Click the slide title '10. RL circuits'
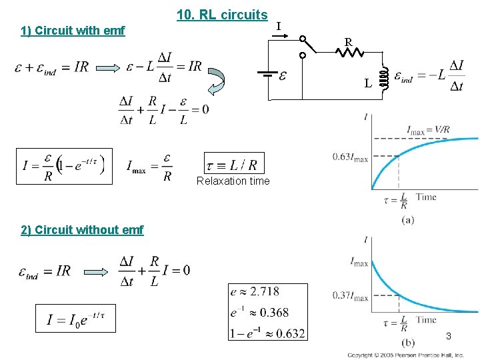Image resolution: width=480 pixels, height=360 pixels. pos(222,15)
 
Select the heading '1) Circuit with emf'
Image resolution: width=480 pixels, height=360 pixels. pos(73,31)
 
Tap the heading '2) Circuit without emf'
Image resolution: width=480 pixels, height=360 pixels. pos(82,230)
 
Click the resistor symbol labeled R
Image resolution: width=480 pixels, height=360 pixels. pos(349,52)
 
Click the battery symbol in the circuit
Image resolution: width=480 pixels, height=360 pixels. pos(269,75)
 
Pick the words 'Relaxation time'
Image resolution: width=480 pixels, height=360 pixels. pos(233,181)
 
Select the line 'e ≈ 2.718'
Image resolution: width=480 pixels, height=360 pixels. pos(255,291)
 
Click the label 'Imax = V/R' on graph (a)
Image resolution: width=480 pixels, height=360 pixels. pos(429,130)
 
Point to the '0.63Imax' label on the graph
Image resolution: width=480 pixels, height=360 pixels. pos(350,157)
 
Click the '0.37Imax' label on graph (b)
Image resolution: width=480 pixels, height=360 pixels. pos(351,297)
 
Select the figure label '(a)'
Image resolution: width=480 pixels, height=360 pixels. pos(407,220)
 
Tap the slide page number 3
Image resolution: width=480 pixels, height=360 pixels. pos(449,336)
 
